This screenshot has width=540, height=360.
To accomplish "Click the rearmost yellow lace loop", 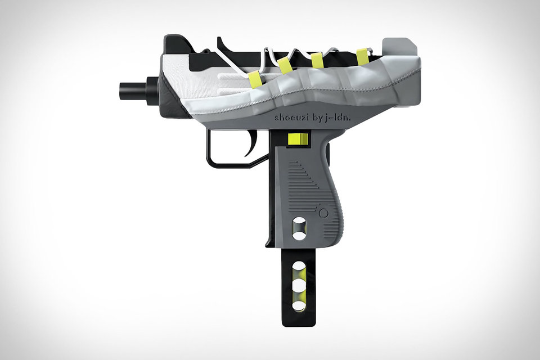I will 363,56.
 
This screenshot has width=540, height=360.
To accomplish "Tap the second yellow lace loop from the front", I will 285,65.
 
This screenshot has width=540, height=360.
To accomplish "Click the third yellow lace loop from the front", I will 318,60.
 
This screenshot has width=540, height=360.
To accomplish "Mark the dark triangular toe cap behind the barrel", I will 169,98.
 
